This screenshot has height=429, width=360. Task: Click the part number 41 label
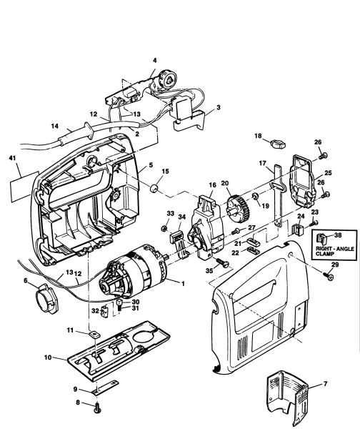pyautogui.click(x=12, y=158)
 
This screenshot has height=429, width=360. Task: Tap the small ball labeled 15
pyautogui.click(x=155, y=188)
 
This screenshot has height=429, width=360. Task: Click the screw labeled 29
pyautogui.click(x=329, y=275)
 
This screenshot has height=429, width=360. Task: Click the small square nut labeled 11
pyautogui.click(x=94, y=335)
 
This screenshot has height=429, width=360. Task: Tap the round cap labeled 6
pyautogui.click(x=46, y=298)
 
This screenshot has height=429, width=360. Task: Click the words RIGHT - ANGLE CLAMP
pyautogui.click(x=335, y=251)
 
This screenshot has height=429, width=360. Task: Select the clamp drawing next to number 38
pyautogui.click(x=321, y=238)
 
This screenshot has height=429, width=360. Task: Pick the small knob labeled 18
pyautogui.click(x=277, y=143)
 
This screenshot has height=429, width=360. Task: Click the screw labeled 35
pyautogui.click(x=221, y=262)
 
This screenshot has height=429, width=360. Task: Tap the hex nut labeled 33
pyautogui.click(x=164, y=227)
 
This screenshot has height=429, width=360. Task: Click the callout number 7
pyautogui.click(x=325, y=384)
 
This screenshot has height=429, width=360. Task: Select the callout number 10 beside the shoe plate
pyautogui.click(x=48, y=357)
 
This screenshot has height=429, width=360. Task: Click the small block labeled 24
pyautogui.click(x=298, y=229)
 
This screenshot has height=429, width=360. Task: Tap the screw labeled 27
pyautogui.click(x=236, y=231)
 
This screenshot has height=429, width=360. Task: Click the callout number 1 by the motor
pyautogui.click(x=183, y=284)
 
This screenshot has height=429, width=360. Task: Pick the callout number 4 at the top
pyautogui.click(x=155, y=60)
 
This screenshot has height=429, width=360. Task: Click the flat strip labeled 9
pyautogui.click(x=106, y=388)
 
